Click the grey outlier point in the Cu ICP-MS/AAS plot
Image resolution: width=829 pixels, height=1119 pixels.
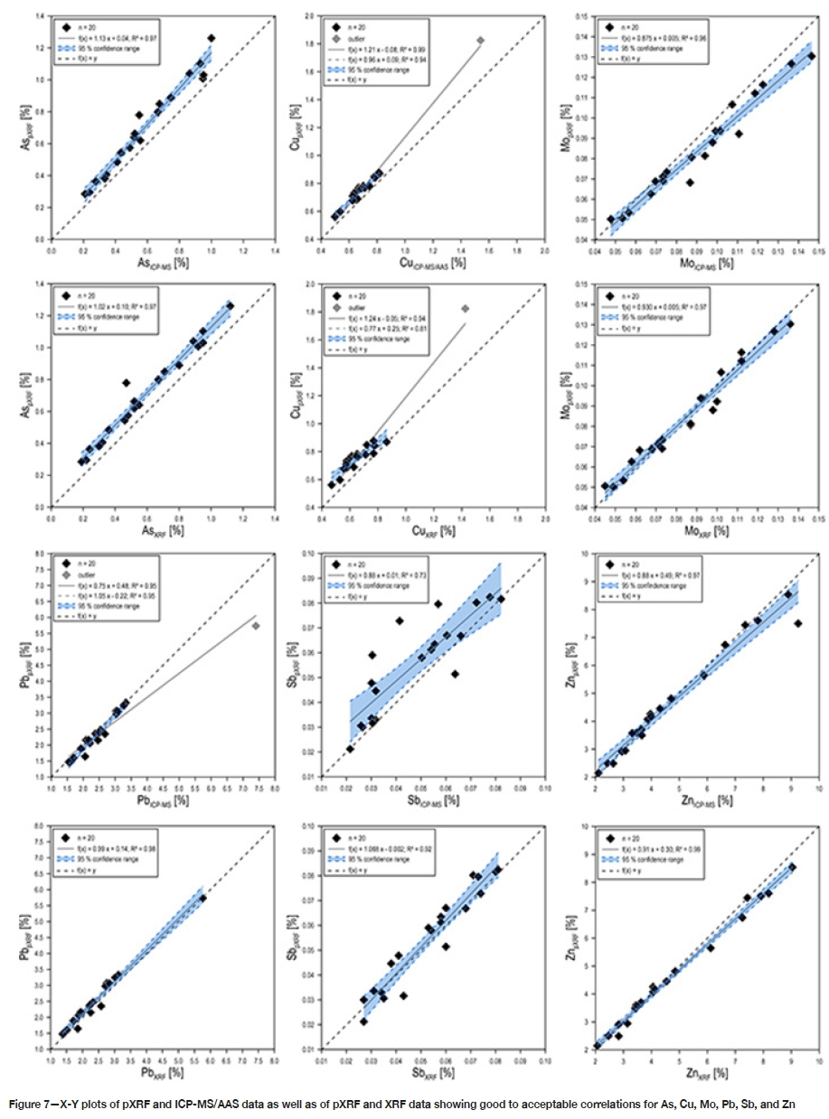(480, 40)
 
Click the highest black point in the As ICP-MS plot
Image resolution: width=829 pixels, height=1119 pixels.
(212, 38)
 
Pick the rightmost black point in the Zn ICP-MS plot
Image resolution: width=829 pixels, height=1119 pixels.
(797, 623)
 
